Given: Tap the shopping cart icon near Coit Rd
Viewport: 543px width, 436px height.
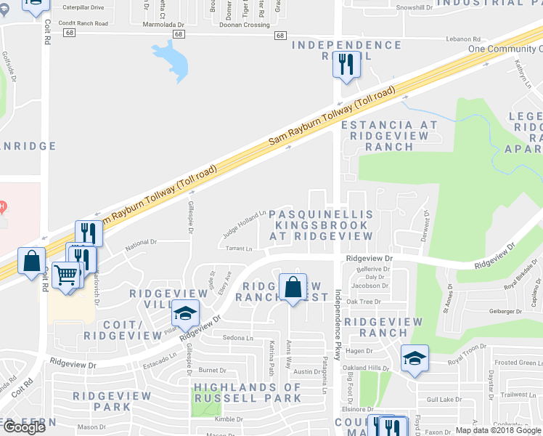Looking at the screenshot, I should pos(66,275).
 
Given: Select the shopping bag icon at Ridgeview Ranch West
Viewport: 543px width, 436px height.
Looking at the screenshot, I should pos(292,286).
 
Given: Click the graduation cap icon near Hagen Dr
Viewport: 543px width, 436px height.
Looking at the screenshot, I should pos(415,358).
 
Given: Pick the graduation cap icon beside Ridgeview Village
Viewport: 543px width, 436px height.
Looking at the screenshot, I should pos(185,313).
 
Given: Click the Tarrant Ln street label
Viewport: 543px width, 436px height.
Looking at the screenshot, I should pos(238,249).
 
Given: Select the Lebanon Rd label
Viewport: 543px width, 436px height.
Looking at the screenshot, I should pos(465,39).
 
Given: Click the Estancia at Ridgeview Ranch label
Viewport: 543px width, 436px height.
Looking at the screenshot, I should pos(390,135).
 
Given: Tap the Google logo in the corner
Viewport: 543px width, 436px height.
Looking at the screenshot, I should pos(24,427).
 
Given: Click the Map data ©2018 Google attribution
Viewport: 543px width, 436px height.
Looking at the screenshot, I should pos(497,430).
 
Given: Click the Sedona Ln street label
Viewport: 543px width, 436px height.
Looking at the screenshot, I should pos(238,338).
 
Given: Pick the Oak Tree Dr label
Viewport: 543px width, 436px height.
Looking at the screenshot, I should pos(363,302).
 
